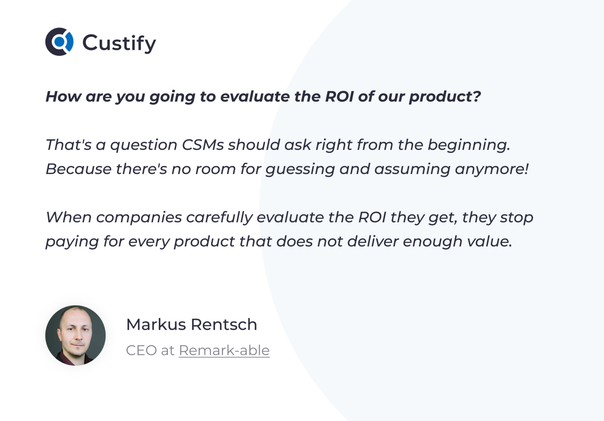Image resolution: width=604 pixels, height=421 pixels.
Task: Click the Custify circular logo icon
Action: [59, 42]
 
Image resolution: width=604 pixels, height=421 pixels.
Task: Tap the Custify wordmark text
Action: [119, 43]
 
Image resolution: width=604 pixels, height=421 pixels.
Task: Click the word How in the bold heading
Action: [63, 97]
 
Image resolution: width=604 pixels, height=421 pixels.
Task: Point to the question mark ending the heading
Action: [477, 97]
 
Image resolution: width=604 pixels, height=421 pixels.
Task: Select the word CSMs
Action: [203, 145]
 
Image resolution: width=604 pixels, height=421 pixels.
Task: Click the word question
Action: [144, 145]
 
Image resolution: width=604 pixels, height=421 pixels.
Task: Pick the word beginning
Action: [468, 145]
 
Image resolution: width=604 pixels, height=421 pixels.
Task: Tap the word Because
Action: [79, 169]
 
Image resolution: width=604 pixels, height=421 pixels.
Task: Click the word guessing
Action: [300, 170]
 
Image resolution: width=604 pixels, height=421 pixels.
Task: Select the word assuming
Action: [412, 170]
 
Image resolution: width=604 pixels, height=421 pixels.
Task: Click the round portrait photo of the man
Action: [75, 335]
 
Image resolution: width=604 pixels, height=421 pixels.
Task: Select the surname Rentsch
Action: [224, 325]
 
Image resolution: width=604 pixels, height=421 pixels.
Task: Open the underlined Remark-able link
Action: [224, 350]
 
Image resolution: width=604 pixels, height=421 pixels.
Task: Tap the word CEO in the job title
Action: [141, 350]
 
